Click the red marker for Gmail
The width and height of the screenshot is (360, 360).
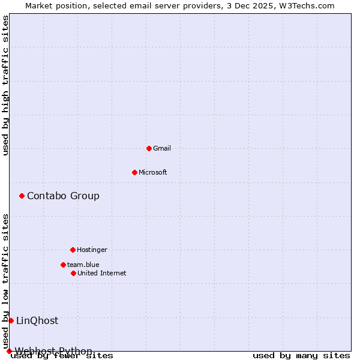[x=149, y=148]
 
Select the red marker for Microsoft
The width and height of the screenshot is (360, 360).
[x=134, y=172]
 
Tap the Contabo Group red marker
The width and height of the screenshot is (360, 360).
[x=22, y=196]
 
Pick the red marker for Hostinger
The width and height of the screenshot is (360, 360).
[x=73, y=250]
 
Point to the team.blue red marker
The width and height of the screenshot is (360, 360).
[x=63, y=265]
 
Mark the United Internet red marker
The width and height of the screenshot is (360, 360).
[x=73, y=273]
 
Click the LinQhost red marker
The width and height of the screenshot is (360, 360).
[x=11, y=320]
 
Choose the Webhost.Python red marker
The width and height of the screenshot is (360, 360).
[x=9, y=351]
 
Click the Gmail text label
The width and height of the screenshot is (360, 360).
[x=161, y=148]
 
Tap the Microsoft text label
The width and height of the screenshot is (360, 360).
[x=152, y=172]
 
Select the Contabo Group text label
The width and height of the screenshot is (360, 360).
[x=63, y=196]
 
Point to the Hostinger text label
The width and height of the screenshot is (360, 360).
[x=92, y=250]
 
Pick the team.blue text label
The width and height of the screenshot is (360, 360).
[x=83, y=265]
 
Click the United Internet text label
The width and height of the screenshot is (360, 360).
[x=101, y=273]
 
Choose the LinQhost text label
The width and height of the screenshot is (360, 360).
[x=37, y=320]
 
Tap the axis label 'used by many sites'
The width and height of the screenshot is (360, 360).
[x=301, y=355]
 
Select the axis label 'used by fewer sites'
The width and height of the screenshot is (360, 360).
[x=62, y=355]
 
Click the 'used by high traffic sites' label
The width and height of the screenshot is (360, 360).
[x=5, y=85]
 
